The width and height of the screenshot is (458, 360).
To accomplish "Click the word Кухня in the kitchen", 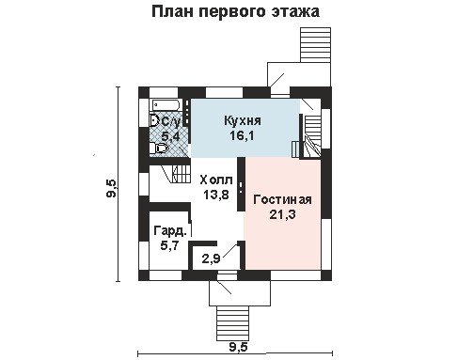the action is (x=243, y=121).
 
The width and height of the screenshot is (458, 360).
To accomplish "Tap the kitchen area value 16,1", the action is (x=242, y=135).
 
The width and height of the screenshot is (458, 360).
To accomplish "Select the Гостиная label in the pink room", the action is (x=282, y=199).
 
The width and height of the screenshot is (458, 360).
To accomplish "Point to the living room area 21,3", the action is (x=282, y=214).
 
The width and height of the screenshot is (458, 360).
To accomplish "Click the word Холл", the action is (x=216, y=180).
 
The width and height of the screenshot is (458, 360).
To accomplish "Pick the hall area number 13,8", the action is (x=216, y=195).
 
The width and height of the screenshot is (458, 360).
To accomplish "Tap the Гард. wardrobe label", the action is (x=170, y=231).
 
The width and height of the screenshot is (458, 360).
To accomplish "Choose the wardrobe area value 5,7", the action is (x=169, y=245).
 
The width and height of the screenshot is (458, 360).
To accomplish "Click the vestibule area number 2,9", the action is (x=212, y=258).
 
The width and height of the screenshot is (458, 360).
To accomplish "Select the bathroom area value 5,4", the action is (x=170, y=136).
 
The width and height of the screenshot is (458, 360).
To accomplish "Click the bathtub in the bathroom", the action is (x=166, y=105).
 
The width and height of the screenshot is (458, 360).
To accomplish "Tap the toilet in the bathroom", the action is (x=159, y=148).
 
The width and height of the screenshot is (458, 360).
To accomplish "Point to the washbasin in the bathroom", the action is (x=154, y=120).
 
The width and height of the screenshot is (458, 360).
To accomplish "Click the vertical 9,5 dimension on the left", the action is (x=112, y=189).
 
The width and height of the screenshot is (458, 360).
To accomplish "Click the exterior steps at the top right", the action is (x=315, y=45).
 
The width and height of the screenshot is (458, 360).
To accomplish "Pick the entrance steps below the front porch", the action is (x=232, y=323).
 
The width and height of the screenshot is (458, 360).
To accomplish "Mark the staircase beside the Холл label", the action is (x=181, y=174).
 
